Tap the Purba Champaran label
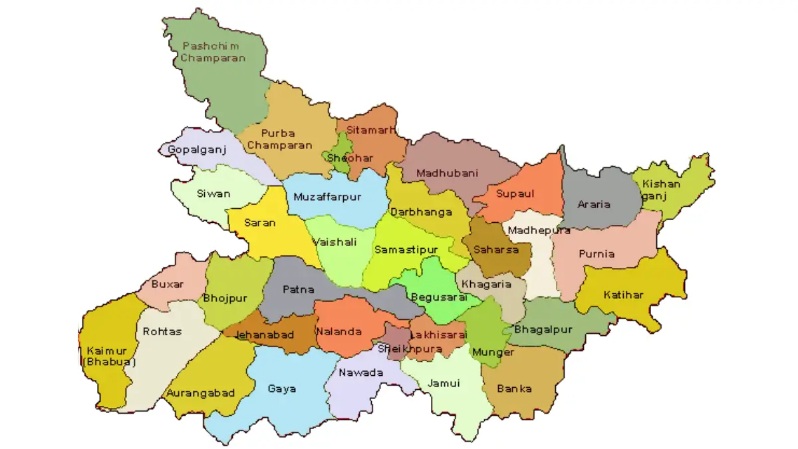[287, 139]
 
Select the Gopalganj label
[197, 150]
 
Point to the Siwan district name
[213, 194]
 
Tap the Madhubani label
[447, 173]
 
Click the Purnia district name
[597, 253]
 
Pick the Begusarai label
[436, 297]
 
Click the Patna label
[294, 289]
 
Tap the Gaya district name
[282, 388]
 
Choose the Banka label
[514, 388]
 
